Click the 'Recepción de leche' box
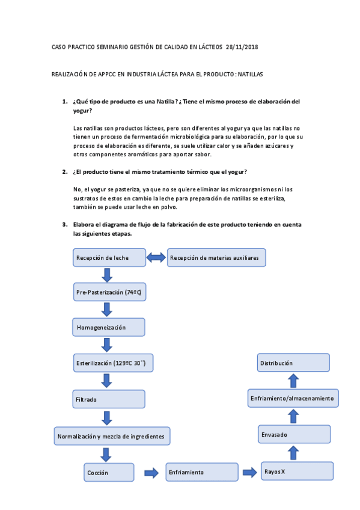coord(109,258)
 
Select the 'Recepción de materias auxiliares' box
coord(216,258)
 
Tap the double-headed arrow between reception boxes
coord(156,258)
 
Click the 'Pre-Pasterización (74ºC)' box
coord(109,292)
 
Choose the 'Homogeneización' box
coord(109,327)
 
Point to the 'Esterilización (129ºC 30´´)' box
coord(109,363)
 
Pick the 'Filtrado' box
coord(109,399)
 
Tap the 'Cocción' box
coord(109,473)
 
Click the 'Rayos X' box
coord(297,471)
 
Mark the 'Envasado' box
coord(295,434)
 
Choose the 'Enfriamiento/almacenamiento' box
coord(293,398)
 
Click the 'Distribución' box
coord(293,363)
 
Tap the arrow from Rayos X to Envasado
coord(292,452)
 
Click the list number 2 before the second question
coord(65,172)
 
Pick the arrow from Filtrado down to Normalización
coord(108,418)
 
